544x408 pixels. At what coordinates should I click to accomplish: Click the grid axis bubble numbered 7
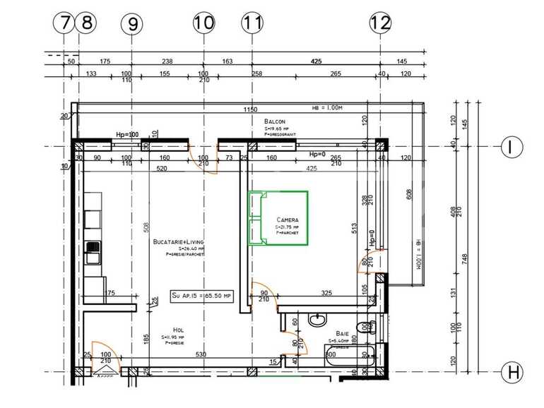pos(64,23)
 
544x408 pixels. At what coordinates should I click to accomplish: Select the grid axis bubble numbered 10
pos(203,23)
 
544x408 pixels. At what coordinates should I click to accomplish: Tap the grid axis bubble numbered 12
pos(380,23)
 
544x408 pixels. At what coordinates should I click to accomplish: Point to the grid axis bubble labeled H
pos(511,371)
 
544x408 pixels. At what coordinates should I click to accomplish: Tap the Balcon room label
pos(275,121)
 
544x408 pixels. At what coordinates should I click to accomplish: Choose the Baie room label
pos(343,333)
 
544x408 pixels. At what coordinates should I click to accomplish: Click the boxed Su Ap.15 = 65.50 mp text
pos(201,296)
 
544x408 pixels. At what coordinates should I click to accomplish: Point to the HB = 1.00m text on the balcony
pos(327,108)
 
